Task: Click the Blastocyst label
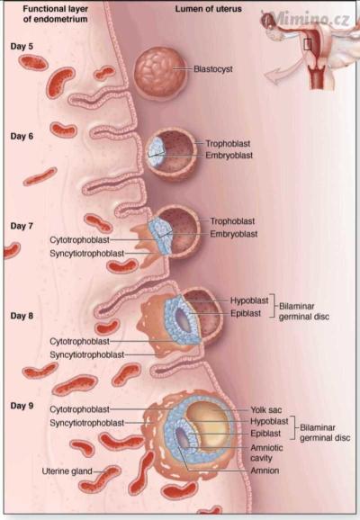[213, 69]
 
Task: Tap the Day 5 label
[22, 47]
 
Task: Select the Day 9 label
[22, 406]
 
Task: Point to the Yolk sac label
[266, 410]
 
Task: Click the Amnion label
[265, 471]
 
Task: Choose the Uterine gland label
[67, 471]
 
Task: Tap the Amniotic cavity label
[266, 453]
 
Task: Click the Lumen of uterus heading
[209, 9]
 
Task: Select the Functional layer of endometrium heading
[56, 13]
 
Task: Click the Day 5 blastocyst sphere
[159, 73]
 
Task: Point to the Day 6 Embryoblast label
[229, 156]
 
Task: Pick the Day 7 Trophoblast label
[232, 221]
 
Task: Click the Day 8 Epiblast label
[246, 313]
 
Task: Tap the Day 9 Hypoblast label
[269, 422]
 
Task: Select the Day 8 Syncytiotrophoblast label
[87, 354]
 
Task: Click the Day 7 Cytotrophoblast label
[79, 240]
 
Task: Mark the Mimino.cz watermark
[310, 18]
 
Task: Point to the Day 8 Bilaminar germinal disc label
[304, 311]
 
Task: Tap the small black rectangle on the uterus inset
[308, 44]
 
